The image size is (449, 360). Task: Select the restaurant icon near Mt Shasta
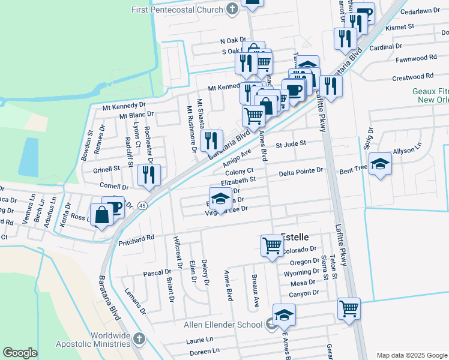click(211, 140)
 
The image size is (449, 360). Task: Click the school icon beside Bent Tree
click(380, 163)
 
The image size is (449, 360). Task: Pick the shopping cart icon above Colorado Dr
click(272, 245)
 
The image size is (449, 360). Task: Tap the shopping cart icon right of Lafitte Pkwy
click(349, 308)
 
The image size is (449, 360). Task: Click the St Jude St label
click(291, 144)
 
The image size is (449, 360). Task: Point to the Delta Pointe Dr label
click(301, 172)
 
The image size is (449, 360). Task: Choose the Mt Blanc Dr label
click(136, 115)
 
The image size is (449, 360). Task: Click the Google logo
click(20, 353)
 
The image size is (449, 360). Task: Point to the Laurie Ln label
click(196, 340)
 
